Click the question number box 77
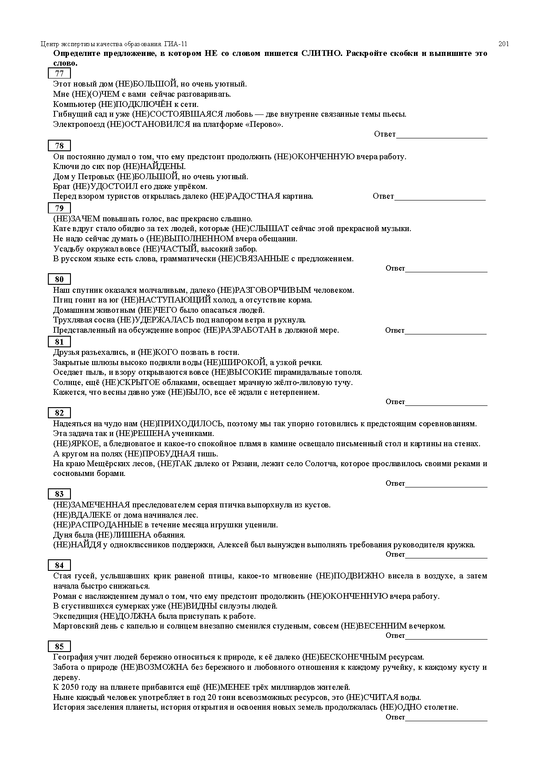[x=59, y=74]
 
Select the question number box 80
[x=59, y=279]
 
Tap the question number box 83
[x=59, y=494]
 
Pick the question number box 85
[x=59, y=647]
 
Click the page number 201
[x=503, y=44]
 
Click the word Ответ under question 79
[x=395, y=268]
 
